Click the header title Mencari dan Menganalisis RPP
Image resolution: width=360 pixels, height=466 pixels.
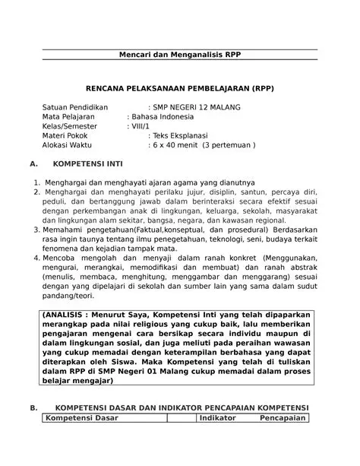point(180,58)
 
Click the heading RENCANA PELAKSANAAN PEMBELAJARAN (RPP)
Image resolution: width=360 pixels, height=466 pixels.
point(179,89)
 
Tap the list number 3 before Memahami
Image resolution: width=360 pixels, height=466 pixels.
point(36,228)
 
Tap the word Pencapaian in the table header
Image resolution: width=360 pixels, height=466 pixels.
point(281,418)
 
